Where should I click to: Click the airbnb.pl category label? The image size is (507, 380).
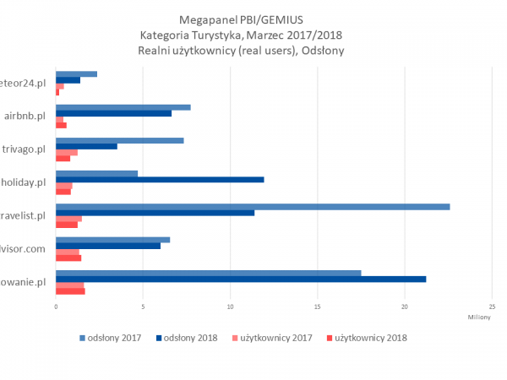25,116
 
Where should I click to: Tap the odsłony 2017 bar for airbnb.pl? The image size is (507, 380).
123,107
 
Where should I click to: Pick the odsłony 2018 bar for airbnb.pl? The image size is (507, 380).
113,113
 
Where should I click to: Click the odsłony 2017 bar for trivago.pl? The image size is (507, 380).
119,140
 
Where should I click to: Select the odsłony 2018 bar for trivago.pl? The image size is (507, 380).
86,146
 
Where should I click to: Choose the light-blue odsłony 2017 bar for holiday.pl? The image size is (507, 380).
96,173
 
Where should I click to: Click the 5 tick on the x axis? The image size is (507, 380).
143,307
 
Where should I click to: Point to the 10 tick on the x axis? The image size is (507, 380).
230,307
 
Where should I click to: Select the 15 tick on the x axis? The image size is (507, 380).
318,307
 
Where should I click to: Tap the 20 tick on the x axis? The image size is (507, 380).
405,307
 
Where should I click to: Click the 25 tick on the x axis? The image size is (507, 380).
492,307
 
